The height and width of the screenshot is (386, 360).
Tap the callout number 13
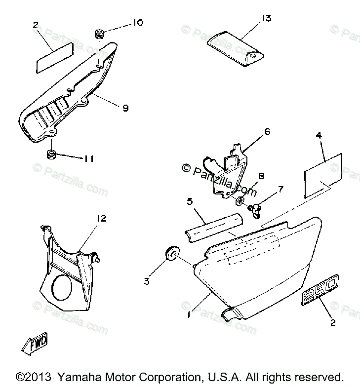[x=266, y=19]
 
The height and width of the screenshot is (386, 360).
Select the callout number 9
[x=125, y=107]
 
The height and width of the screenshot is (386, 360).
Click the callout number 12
[x=102, y=218]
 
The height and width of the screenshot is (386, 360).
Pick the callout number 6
[x=267, y=132]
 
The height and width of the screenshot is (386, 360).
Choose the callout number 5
[x=189, y=201]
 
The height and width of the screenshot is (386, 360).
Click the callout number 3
[x=146, y=281]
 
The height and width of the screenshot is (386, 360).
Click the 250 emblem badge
[x=320, y=292]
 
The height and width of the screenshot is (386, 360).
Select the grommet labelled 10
[x=99, y=35]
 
